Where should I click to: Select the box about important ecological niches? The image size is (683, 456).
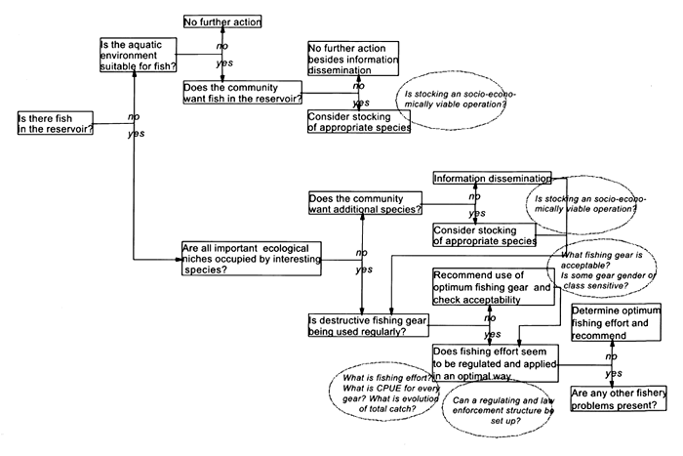256,257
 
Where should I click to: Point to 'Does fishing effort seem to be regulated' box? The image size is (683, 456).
493,357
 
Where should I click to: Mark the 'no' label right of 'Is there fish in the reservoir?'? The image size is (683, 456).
135,117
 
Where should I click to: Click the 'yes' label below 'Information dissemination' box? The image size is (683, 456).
476,213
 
